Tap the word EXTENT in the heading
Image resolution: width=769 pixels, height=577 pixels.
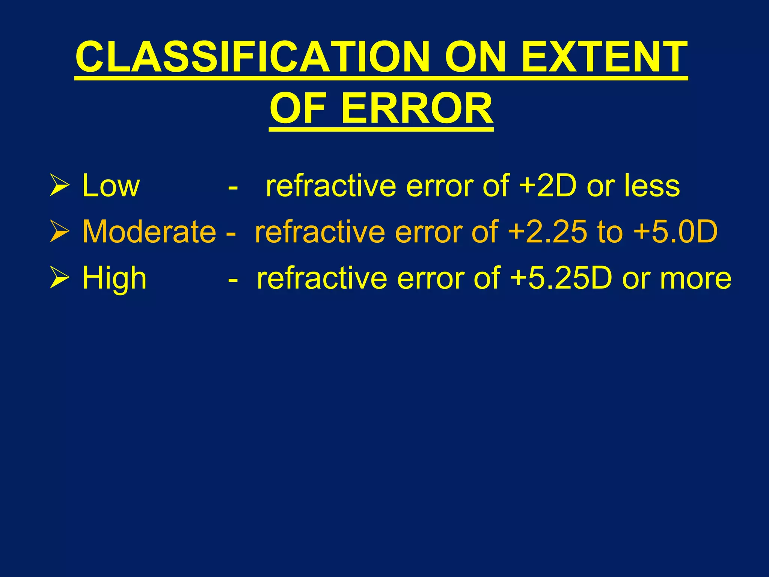click(604, 57)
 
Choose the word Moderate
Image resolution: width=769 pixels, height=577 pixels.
click(149, 231)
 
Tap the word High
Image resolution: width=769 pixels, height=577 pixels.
click(114, 278)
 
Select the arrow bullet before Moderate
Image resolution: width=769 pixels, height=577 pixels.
click(59, 232)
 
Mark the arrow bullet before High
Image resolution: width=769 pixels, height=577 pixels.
click(59, 278)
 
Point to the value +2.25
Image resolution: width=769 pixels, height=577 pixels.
click(547, 231)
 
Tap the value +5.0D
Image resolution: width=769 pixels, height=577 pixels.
click(676, 231)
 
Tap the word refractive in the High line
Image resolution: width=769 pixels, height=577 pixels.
click(322, 278)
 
